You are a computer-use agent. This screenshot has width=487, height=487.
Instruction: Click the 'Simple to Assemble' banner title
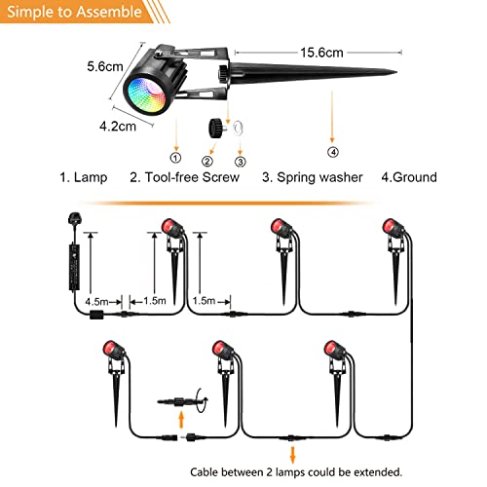pos(74,12)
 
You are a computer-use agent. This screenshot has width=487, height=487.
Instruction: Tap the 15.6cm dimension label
pos(321,53)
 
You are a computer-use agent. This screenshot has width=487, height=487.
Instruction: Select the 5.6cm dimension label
pos(105,66)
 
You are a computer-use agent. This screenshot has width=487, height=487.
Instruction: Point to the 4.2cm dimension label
pos(118,127)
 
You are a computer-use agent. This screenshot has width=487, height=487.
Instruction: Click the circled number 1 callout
pos(175,158)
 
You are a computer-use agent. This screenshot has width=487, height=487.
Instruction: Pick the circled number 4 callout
pos(333,152)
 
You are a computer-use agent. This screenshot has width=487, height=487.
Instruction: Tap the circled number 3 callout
pos(240,162)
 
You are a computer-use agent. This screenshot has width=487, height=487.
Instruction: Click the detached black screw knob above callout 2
pos(215,128)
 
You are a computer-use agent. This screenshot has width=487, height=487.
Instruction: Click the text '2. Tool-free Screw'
pos(184,177)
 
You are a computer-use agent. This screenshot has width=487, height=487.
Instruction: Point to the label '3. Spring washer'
pos(313,177)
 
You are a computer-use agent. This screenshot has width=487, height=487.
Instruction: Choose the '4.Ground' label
pos(409,177)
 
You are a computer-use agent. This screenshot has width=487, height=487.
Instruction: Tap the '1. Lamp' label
pos(84,177)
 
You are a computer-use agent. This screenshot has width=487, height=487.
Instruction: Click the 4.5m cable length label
pos(96,302)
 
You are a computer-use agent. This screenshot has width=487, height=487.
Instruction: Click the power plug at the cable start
pos(74,219)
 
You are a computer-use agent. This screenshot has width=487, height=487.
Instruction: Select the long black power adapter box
pos(74,267)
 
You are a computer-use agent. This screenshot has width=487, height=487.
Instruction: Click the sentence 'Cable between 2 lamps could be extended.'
pos(296,472)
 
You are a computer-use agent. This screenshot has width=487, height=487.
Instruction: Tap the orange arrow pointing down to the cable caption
pos(293,455)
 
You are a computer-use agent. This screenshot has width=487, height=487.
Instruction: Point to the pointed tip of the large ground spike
pos(396,72)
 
